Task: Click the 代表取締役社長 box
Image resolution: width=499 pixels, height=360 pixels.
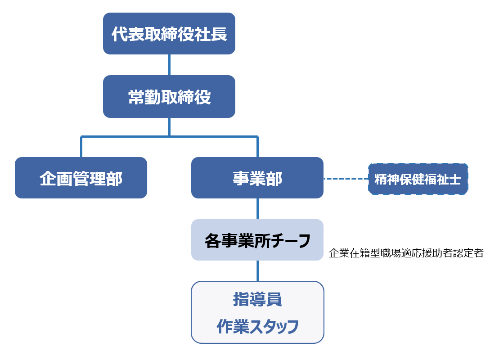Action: (x=169, y=34)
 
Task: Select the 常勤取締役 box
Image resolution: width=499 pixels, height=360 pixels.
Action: (x=169, y=97)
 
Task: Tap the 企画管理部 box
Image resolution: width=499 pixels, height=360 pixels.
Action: (x=81, y=178)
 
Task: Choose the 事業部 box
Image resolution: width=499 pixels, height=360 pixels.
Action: (x=257, y=178)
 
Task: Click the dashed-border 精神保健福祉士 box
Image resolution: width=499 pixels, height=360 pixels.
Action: (x=418, y=179)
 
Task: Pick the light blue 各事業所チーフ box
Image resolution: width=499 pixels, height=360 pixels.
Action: (x=257, y=240)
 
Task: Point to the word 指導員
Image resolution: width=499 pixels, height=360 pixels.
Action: (x=257, y=300)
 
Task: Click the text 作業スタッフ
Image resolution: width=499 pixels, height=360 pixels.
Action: (x=257, y=326)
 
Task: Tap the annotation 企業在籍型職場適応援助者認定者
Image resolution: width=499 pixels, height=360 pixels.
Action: (x=406, y=253)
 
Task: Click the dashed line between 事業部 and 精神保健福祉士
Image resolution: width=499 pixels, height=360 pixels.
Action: (x=346, y=179)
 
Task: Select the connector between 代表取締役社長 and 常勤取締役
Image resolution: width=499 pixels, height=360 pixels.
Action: (x=169, y=65)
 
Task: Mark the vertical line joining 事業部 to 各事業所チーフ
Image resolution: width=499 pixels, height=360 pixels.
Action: (x=257, y=209)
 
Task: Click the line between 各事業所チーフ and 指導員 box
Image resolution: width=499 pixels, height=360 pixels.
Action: (x=257, y=271)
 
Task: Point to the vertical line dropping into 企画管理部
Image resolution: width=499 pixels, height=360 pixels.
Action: (x=81, y=147)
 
